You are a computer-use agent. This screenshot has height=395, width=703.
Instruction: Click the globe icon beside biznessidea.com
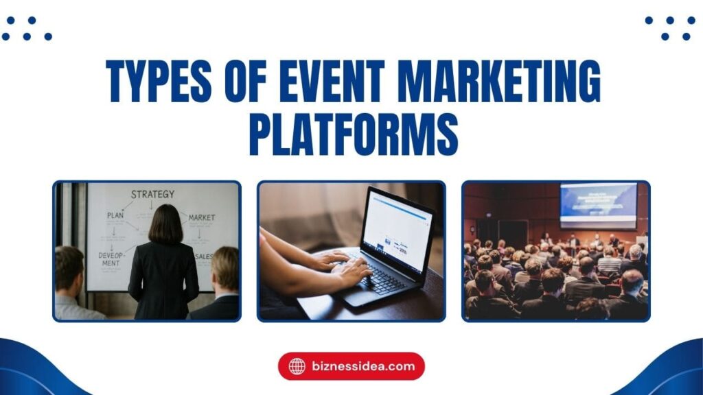coord(297,366)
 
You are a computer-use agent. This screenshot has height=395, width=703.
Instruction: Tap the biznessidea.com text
coord(362,366)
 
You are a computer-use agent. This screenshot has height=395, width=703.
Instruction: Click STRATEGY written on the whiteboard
coord(152,194)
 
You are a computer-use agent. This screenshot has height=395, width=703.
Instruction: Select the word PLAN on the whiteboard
coord(115,215)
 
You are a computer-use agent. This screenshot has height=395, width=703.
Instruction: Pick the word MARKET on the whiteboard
coord(201,217)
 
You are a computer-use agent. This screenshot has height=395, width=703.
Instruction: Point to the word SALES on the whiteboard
coord(204,256)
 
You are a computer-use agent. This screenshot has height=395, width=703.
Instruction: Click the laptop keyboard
coord(385,278)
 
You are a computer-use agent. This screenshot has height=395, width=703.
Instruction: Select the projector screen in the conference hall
coord(597,204)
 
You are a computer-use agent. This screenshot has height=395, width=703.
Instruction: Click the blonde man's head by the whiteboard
coord(225,269)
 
